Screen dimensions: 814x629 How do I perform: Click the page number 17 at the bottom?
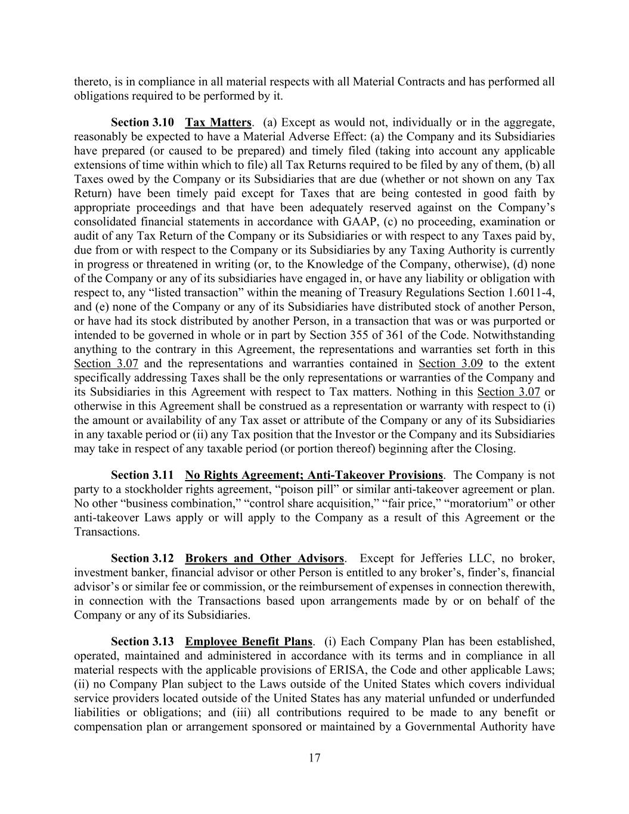pos(315,758)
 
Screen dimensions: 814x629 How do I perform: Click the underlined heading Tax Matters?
pos(218,122)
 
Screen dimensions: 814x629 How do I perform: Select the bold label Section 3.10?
pos(142,122)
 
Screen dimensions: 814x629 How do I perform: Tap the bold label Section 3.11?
pos(142,475)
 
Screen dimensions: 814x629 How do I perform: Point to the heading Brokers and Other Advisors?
pos(265,558)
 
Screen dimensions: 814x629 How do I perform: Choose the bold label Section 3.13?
pos(142,642)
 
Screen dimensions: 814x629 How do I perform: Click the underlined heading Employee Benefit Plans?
pos(249,642)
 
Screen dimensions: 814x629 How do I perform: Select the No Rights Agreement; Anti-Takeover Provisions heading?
pos(314,475)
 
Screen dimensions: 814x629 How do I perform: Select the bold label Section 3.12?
pos(142,558)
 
